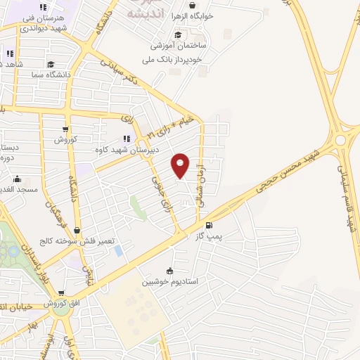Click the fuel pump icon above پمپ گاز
[x=209, y=226]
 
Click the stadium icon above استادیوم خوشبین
[x=169, y=271]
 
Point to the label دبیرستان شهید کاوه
[x=128, y=150]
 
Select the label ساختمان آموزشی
[x=176, y=46]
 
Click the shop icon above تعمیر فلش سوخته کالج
[x=77, y=231]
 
